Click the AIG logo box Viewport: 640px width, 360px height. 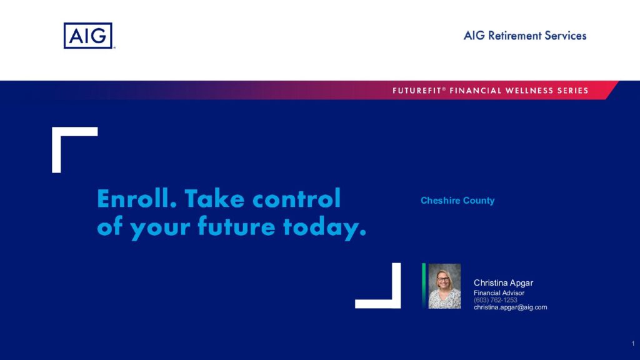[x=87, y=36]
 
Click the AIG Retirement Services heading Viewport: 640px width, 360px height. [x=525, y=36]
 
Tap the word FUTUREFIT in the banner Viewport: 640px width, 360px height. [x=417, y=91]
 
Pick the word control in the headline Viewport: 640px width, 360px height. [x=296, y=198]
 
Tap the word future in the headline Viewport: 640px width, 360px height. [x=236, y=226]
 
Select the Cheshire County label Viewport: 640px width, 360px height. [x=457, y=201]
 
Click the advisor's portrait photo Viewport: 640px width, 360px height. [x=444, y=286]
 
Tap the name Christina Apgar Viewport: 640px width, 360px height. [x=503, y=283]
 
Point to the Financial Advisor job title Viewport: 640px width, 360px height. [x=499, y=293]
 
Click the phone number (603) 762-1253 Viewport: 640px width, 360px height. [x=495, y=300]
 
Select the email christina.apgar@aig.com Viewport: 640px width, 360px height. [x=510, y=307]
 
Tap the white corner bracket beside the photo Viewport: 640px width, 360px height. [x=396, y=286]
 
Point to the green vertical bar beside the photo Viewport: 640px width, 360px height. [x=424, y=286]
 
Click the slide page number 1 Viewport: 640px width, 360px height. [x=633, y=344]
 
